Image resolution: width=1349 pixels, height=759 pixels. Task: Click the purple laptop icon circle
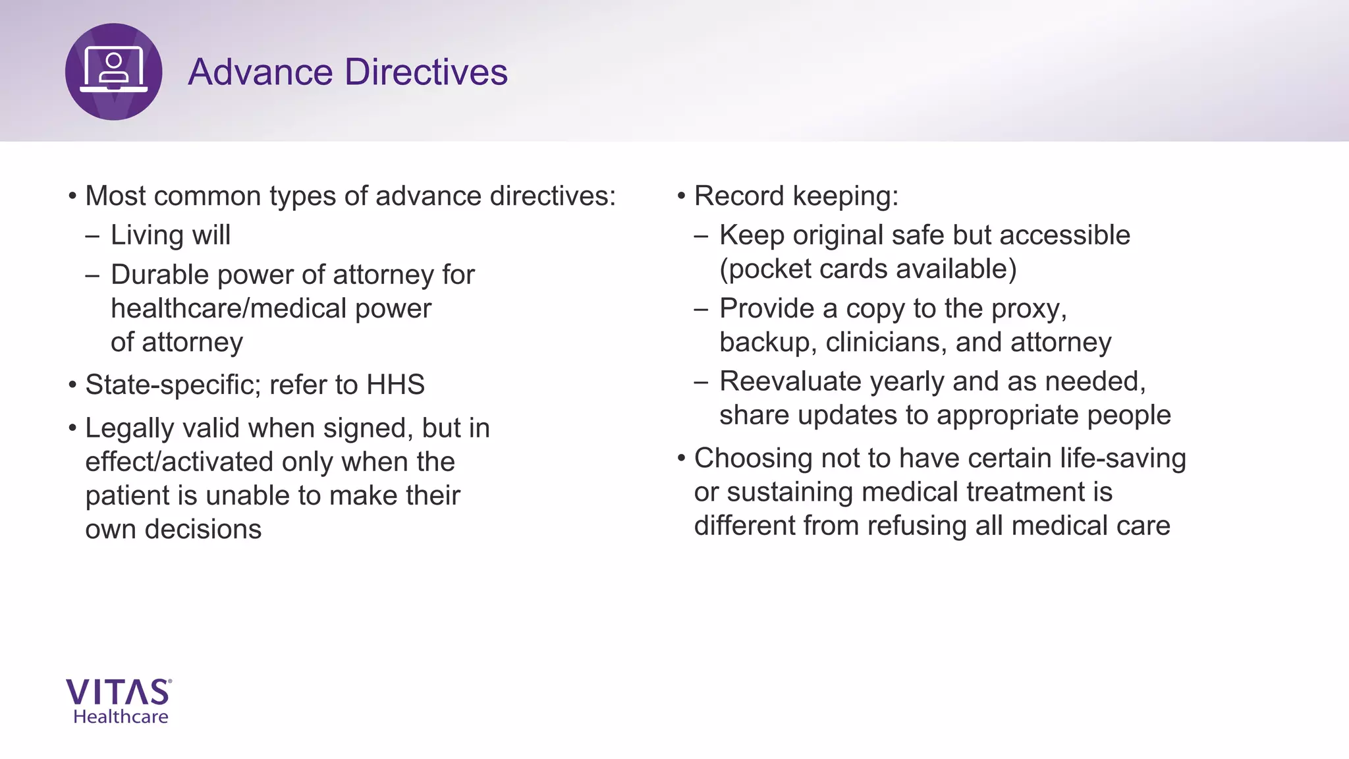(x=113, y=72)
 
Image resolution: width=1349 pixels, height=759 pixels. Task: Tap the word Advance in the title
(x=261, y=72)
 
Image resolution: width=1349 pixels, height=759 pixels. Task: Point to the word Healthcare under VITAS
(x=121, y=717)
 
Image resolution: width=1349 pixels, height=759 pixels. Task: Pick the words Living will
(x=171, y=235)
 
